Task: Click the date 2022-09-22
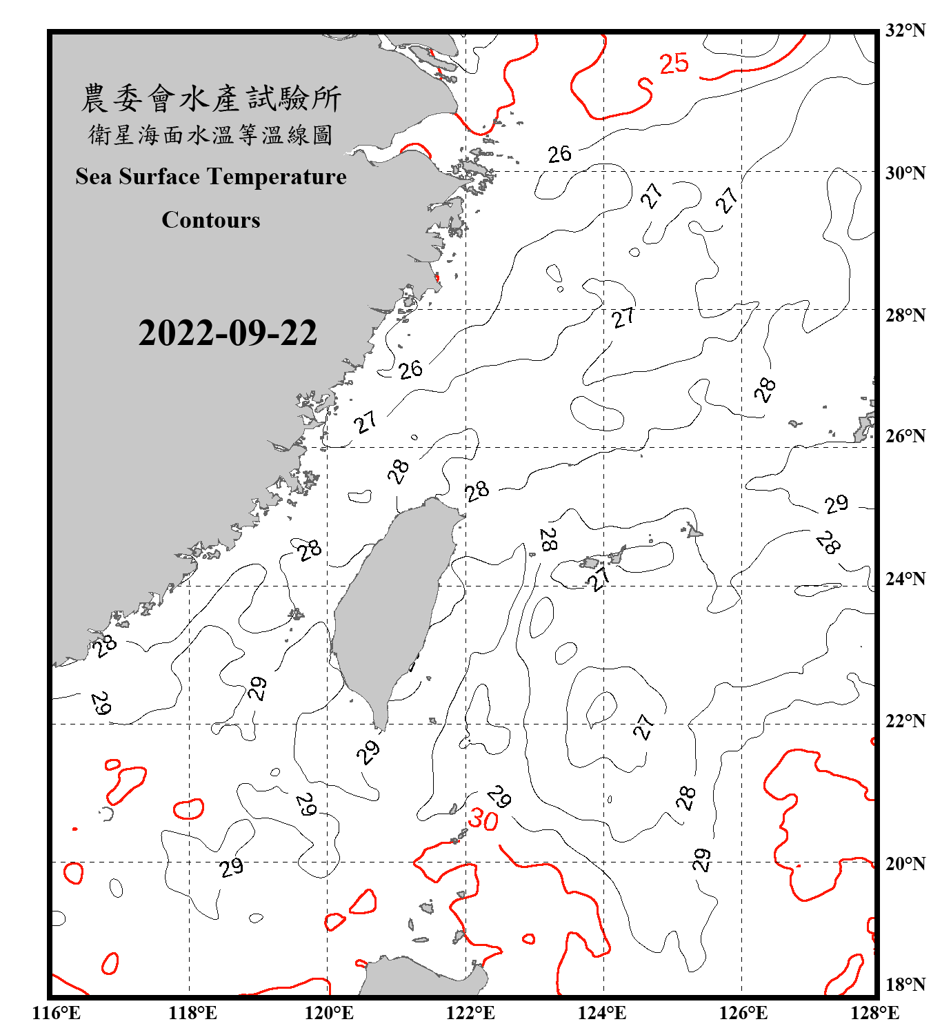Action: (x=228, y=333)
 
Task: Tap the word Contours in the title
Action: (x=211, y=220)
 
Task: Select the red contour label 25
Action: (x=674, y=63)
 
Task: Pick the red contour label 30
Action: (x=483, y=820)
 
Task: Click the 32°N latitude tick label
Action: (x=905, y=30)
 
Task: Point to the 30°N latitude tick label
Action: (x=905, y=172)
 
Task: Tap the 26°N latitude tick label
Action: (x=905, y=436)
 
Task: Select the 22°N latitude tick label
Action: (x=905, y=721)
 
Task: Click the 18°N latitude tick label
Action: (x=905, y=985)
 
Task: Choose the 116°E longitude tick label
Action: (x=57, y=1013)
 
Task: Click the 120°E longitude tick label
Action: (x=329, y=1013)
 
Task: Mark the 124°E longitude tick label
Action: (x=602, y=1013)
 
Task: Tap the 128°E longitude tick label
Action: (x=874, y=1013)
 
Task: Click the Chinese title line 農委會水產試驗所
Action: (x=211, y=99)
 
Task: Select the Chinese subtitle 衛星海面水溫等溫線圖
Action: (x=211, y=135)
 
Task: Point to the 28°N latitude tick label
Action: (x=905, y=315)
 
